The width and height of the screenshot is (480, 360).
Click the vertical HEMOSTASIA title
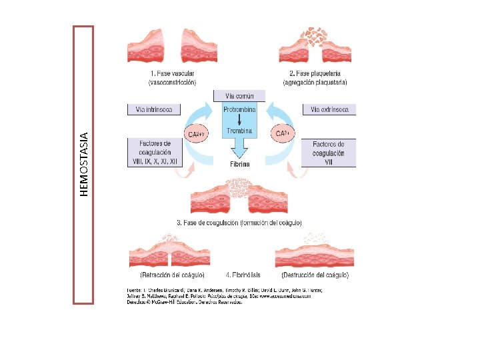(x=84, y=164)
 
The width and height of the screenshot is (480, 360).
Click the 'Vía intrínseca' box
(x=154, y=109)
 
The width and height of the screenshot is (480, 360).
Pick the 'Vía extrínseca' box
(x=329, y=109)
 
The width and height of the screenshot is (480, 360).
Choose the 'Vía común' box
(x=239, y=96)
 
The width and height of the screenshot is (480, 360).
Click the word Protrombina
(x=239, y=108)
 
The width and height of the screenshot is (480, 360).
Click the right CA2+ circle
(x=282, y=134)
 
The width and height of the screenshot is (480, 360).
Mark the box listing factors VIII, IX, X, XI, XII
(x=155, y=152)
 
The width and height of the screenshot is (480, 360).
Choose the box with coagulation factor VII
(x=329, y=152)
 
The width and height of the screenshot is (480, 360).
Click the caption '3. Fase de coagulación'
(x=239, y=221)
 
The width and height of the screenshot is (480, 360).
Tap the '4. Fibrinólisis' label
(x=243, y=275)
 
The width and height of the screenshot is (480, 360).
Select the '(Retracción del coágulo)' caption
(x=172, y=275)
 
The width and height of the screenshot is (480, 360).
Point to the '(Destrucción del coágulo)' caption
(x=315, y=275)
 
